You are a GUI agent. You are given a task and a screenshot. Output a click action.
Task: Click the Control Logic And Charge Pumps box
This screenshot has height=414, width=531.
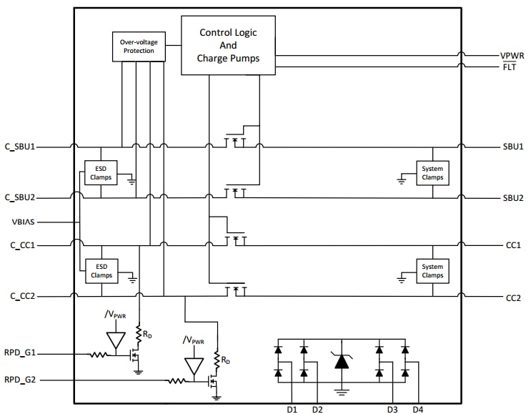[228, 45]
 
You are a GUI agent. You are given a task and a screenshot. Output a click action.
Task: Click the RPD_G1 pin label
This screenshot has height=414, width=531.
[21, 353]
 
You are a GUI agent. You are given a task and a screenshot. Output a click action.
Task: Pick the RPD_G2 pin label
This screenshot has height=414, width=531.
[21, 380]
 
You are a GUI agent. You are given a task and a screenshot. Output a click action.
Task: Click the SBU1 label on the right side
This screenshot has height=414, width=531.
[513, 147]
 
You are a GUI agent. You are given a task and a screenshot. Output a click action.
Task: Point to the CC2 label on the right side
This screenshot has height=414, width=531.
[512, 297]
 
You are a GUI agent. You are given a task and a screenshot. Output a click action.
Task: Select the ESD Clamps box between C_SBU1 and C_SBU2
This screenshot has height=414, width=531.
[101, 172]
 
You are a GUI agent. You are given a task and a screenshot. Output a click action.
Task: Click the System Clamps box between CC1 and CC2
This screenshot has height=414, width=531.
[432, 270]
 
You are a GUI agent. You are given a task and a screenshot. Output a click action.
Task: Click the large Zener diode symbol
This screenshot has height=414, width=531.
[342, 361]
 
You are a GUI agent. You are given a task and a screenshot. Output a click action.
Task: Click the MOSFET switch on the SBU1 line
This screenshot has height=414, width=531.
[235, 142]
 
